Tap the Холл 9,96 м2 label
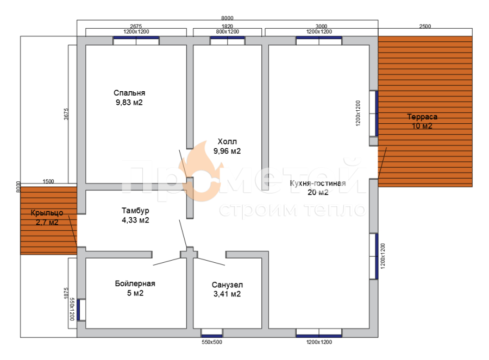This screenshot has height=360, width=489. pyautogui.click(x=227, y=146)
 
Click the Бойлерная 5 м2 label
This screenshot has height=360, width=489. pyautogui.click(x=135, y=288)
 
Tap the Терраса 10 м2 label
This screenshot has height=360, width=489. pyautogui.click(x=422, y=121)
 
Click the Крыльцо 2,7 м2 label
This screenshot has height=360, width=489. pyautogui.click(x=47, y=218)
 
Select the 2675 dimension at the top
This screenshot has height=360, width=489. pyautogui.click(x=136, y=26)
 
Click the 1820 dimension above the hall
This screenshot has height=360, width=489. pyautogui.click(x=227, y=26)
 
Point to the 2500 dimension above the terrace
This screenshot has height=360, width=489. pyautogui.click(x=425, y=26)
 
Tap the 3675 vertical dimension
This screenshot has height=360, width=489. pyautogui.click(x=66, y=114)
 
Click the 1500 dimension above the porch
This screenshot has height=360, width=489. pyautogui.click(x=48, y=181)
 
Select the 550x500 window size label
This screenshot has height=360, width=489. pyautogui.click(x=212, y=342)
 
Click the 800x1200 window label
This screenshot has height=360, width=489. pyautogui.click(x=228, y=31)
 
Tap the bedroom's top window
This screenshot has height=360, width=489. pyautogui.click(x=136, y=41)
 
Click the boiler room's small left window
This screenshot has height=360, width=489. pyautogui.click(x=81, y=310)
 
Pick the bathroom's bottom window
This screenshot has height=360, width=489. pyautogui.click(x=212, y=333)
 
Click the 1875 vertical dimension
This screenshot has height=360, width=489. pyautogui.click(x=66, y=293)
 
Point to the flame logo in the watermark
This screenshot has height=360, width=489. pyautogui.click(x=200, y=171)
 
